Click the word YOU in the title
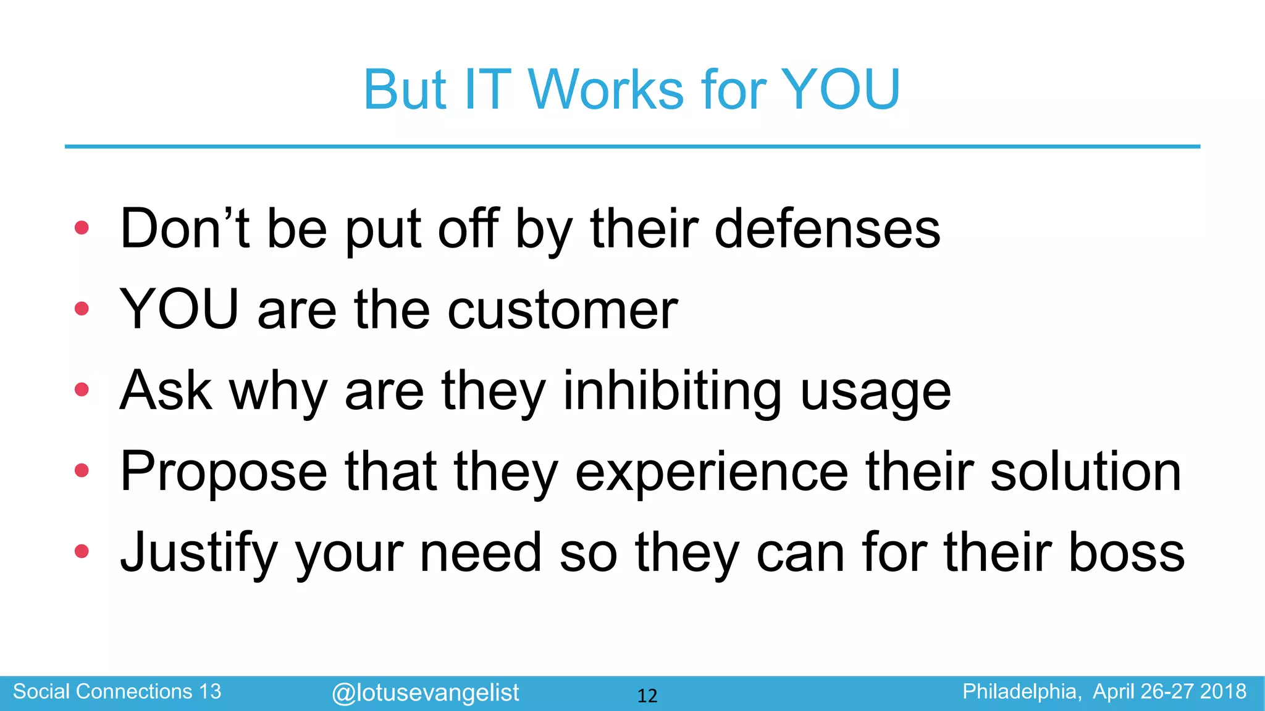click(x=840, y=90)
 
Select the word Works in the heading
click(x=605, y=90)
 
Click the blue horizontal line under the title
click(x=632, y=146)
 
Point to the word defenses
click(x=827, y=229)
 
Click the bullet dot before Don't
click(x=82, y=228)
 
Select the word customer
click(x=562, y=310)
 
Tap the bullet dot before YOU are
click(x=82, y=309)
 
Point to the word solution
click(x=1086, y=472)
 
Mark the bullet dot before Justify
click(x=82, y=551)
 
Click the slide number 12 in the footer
click(x=647, y=696)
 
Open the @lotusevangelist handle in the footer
click(x=425, y=693)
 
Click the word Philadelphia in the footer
click(x=1022, y=692)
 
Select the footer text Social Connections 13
click(x=117, y=692)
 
